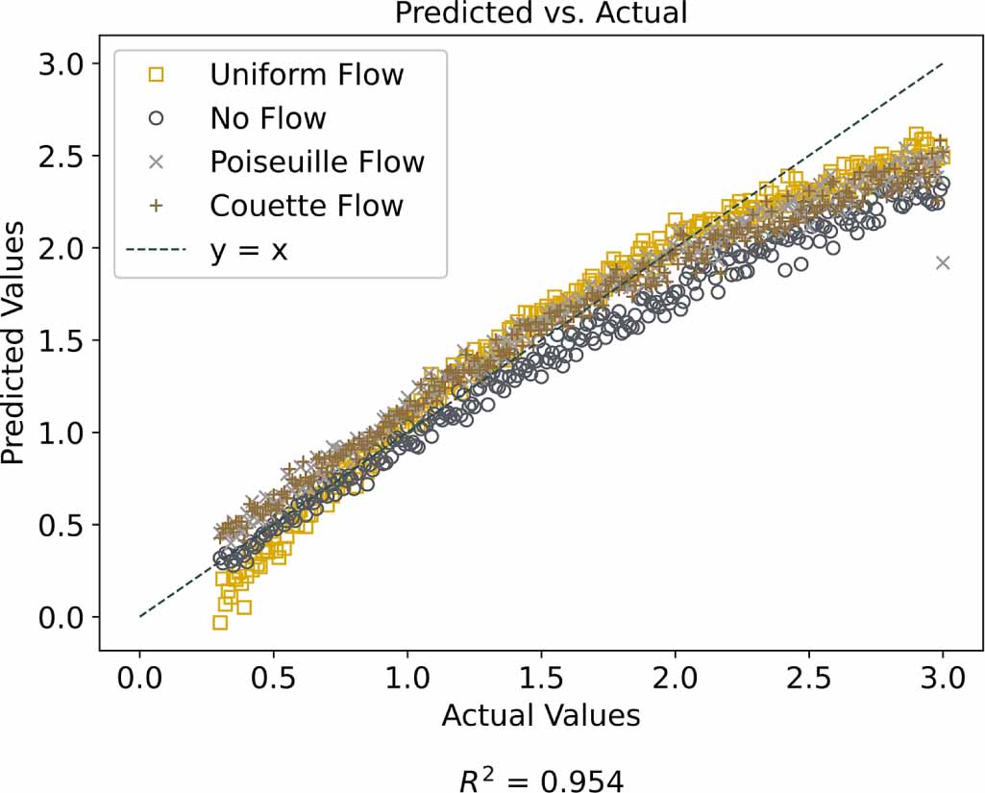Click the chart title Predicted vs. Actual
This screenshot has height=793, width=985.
click(541, 13)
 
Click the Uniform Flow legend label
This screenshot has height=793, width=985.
click(307, 74)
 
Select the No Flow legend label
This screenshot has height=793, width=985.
click(268, 118)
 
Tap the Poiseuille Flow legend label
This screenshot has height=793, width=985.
click(317, 161)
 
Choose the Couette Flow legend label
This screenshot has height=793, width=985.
click(307, 206)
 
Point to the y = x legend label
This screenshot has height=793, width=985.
click(249, 250)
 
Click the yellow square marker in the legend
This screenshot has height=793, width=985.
click(158, 74)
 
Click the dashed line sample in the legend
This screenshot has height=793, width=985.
click(158, 250)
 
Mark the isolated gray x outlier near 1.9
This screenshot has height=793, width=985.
click(943, 262)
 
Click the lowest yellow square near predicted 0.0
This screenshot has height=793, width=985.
click(220, 623)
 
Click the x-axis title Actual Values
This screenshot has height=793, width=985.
click(541, 716)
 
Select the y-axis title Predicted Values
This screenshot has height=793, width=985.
click(13, 339)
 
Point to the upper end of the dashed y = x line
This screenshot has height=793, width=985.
click(942, 64)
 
